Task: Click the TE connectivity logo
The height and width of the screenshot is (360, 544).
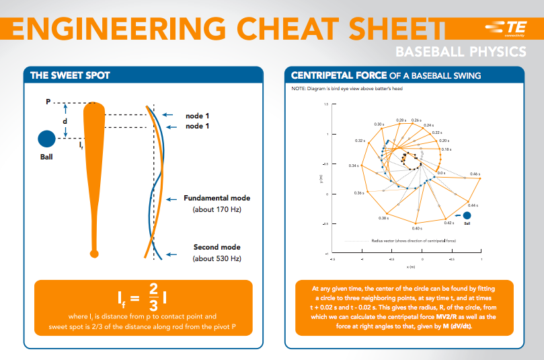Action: [506, 27]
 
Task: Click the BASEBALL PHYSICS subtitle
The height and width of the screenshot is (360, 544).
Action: [460, 52]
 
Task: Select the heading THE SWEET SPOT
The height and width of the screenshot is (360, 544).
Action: [70, 75]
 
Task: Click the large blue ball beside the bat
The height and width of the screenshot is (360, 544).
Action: [46, 138]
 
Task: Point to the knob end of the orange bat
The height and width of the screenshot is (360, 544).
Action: [94, 253]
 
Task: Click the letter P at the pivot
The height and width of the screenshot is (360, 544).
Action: [48, 102]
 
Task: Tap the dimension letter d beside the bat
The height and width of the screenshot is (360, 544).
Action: [65, 121]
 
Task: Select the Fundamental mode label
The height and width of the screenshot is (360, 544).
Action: [217, 199]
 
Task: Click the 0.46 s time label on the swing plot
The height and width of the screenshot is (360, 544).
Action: [474, 174]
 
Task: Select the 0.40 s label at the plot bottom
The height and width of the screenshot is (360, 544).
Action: [417, 229]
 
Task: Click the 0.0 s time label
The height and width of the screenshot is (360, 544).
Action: [441, 173]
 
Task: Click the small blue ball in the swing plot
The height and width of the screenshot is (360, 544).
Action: [467, 215]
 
